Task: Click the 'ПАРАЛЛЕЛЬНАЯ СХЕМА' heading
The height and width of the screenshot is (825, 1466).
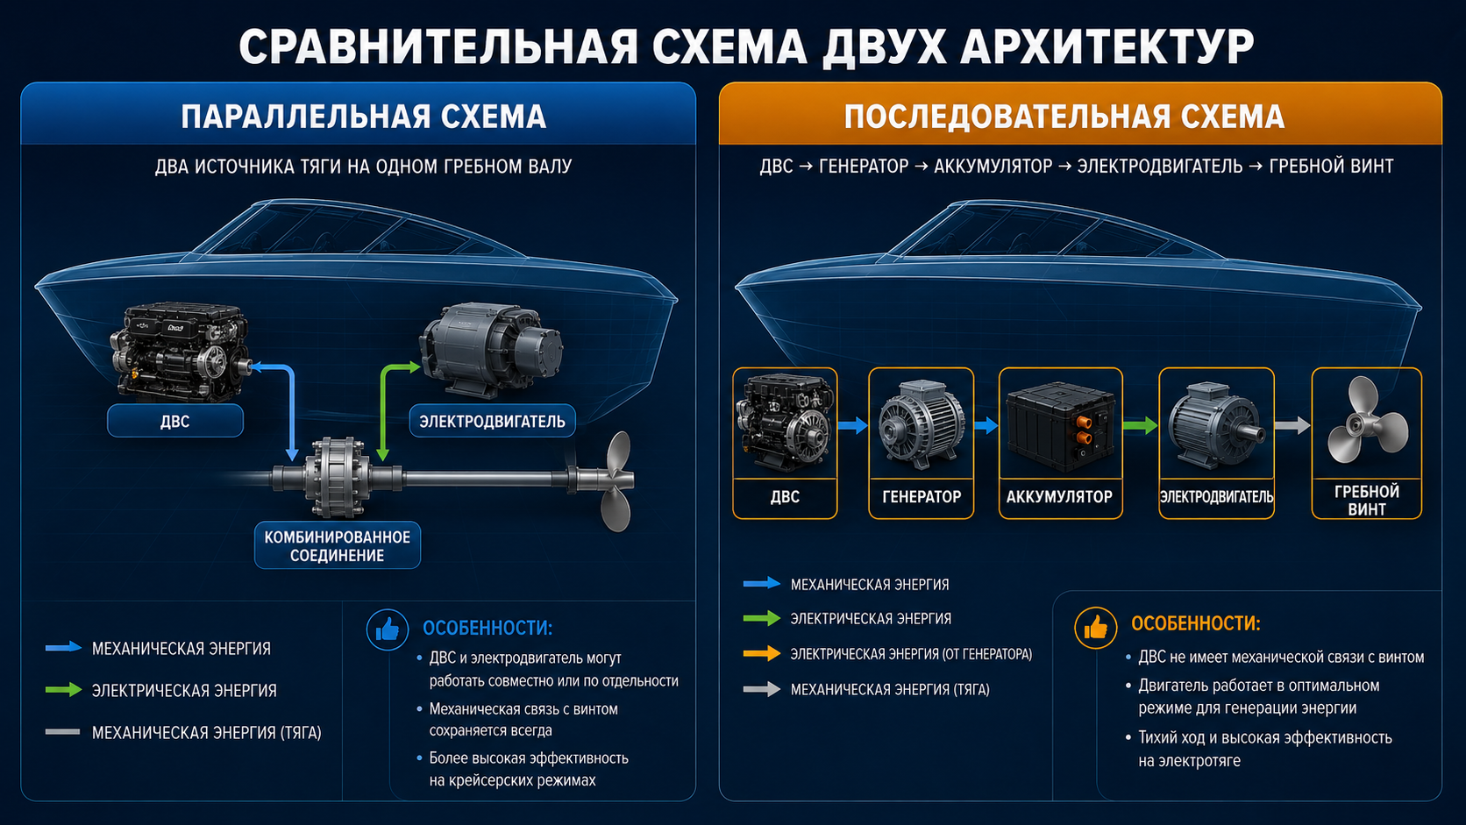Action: (x=363, y=117)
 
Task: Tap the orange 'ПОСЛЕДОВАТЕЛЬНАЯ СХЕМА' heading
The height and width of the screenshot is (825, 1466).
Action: (x=1064, y=117)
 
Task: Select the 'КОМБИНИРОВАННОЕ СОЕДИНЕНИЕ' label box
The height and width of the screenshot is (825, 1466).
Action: (x=337, y=545)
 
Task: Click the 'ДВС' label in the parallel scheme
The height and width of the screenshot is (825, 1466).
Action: (x=174, y=421)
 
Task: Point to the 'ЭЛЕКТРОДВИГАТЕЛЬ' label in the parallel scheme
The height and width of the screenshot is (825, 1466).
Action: (x=492, y=421)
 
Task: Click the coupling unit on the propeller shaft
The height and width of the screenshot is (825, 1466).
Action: (x=337, y=478)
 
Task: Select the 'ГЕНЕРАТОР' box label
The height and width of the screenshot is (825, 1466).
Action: (x=922, y=497)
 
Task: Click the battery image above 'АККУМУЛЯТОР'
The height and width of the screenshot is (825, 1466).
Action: (x=1060, y=427)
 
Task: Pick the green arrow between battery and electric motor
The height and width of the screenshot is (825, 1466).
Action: (x=1140, y=426)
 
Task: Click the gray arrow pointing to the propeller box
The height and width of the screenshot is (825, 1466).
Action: (x=1292, y=426)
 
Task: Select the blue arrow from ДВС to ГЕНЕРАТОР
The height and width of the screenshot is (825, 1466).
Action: (x=853, y=426)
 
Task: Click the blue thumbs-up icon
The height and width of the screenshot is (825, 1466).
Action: (x=388, y=630)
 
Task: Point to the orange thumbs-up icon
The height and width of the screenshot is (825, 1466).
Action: (x=1096, y=628)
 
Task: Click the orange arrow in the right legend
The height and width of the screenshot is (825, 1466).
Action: (x=762, y=653)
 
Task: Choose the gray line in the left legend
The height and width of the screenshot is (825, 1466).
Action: (x=63, y=731)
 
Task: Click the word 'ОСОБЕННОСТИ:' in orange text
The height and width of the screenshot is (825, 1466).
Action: (x=1196, y=623)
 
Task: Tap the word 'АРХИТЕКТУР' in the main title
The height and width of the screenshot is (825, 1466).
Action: (x=1107, y=46)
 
